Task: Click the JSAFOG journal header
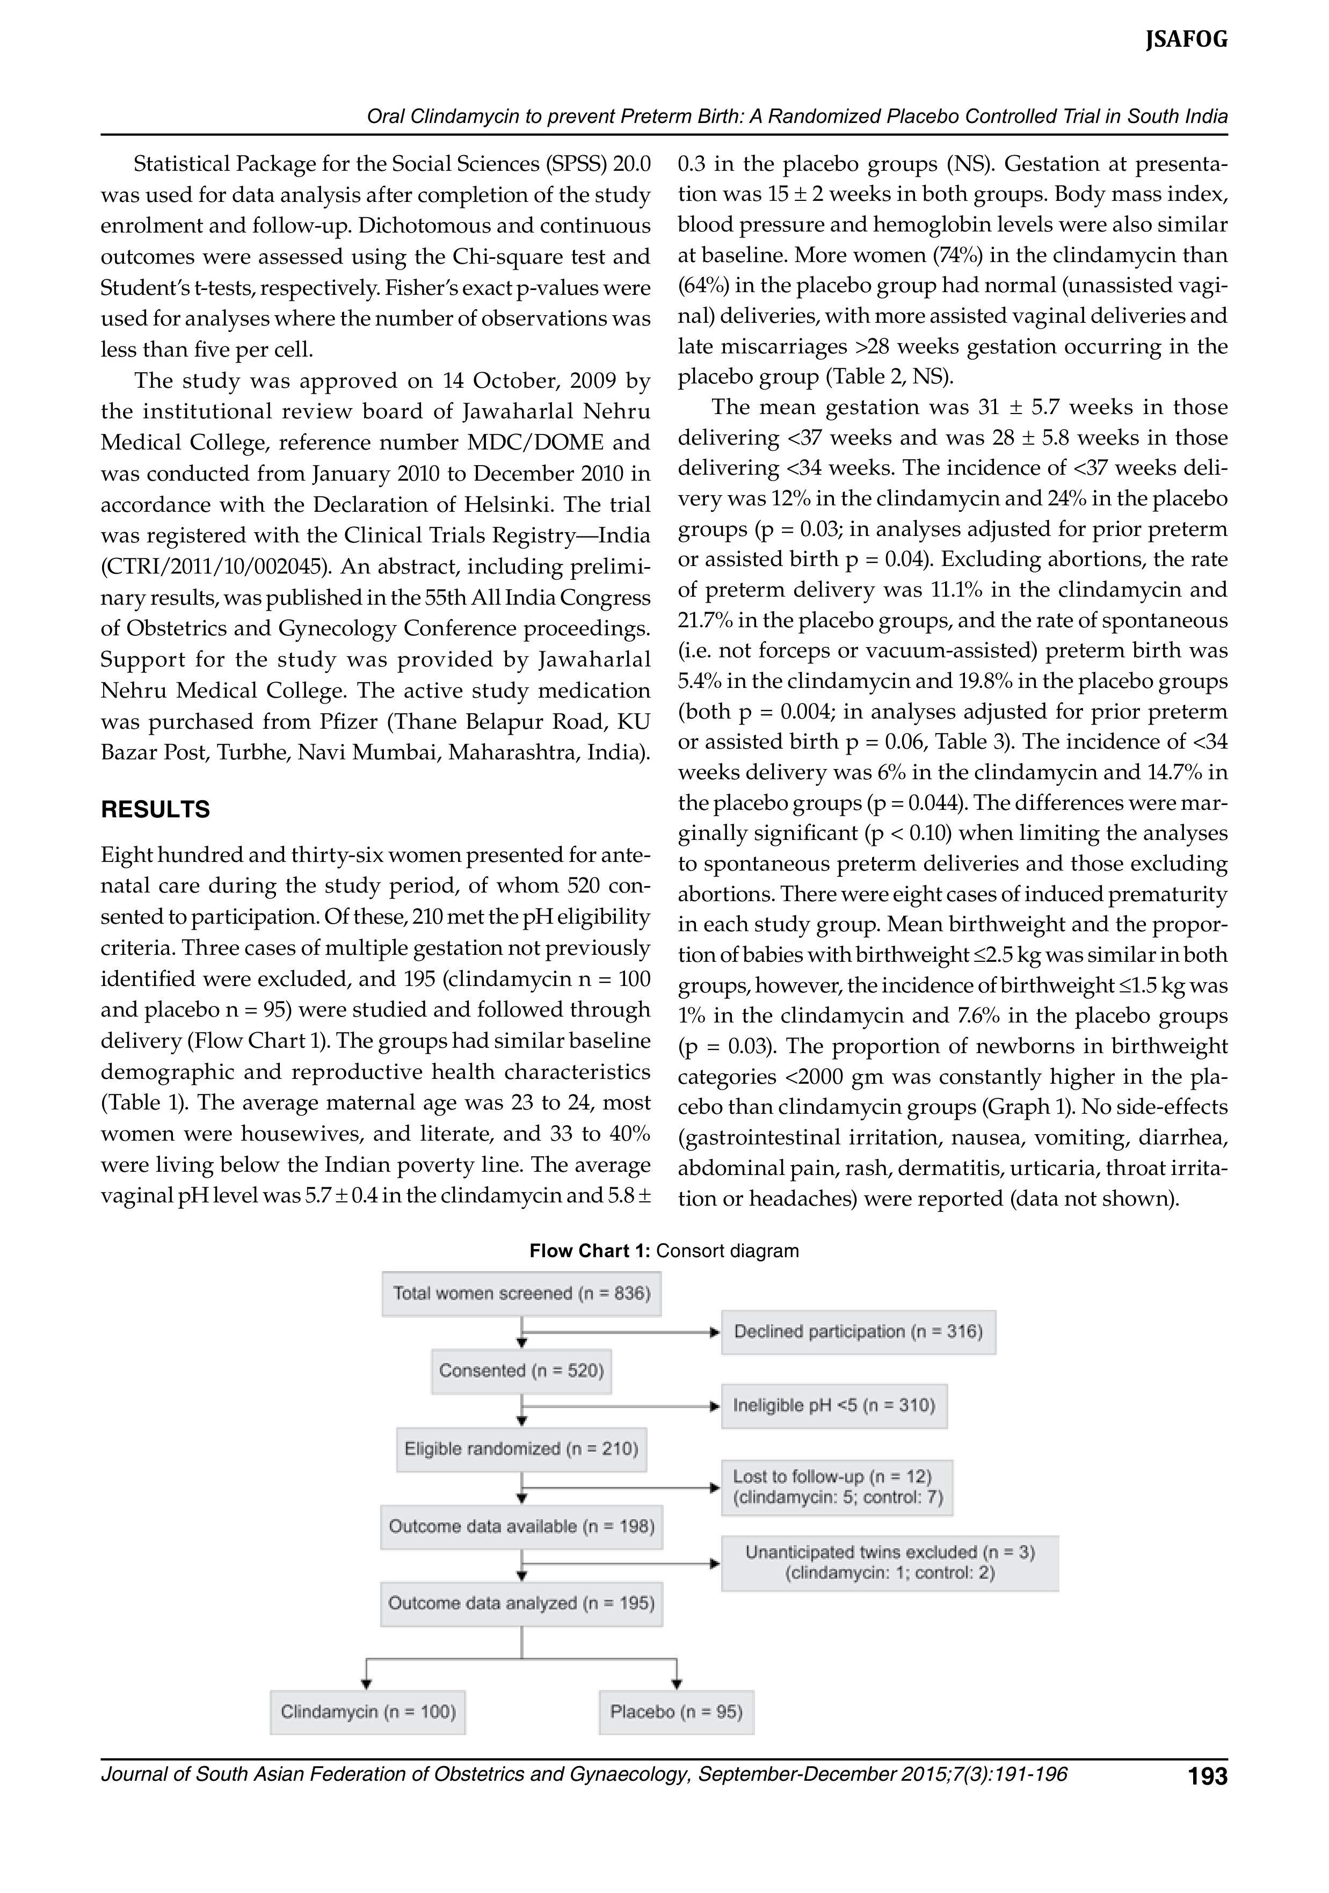pos(1186,40)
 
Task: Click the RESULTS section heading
pos(155,810)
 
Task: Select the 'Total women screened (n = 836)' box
pos(521,1294)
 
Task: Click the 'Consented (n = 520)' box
pos(521,1370)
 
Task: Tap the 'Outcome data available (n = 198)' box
pos(521,1526)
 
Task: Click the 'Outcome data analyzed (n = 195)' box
pos(521,1603)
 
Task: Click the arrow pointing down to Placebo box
pos(677,1682)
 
